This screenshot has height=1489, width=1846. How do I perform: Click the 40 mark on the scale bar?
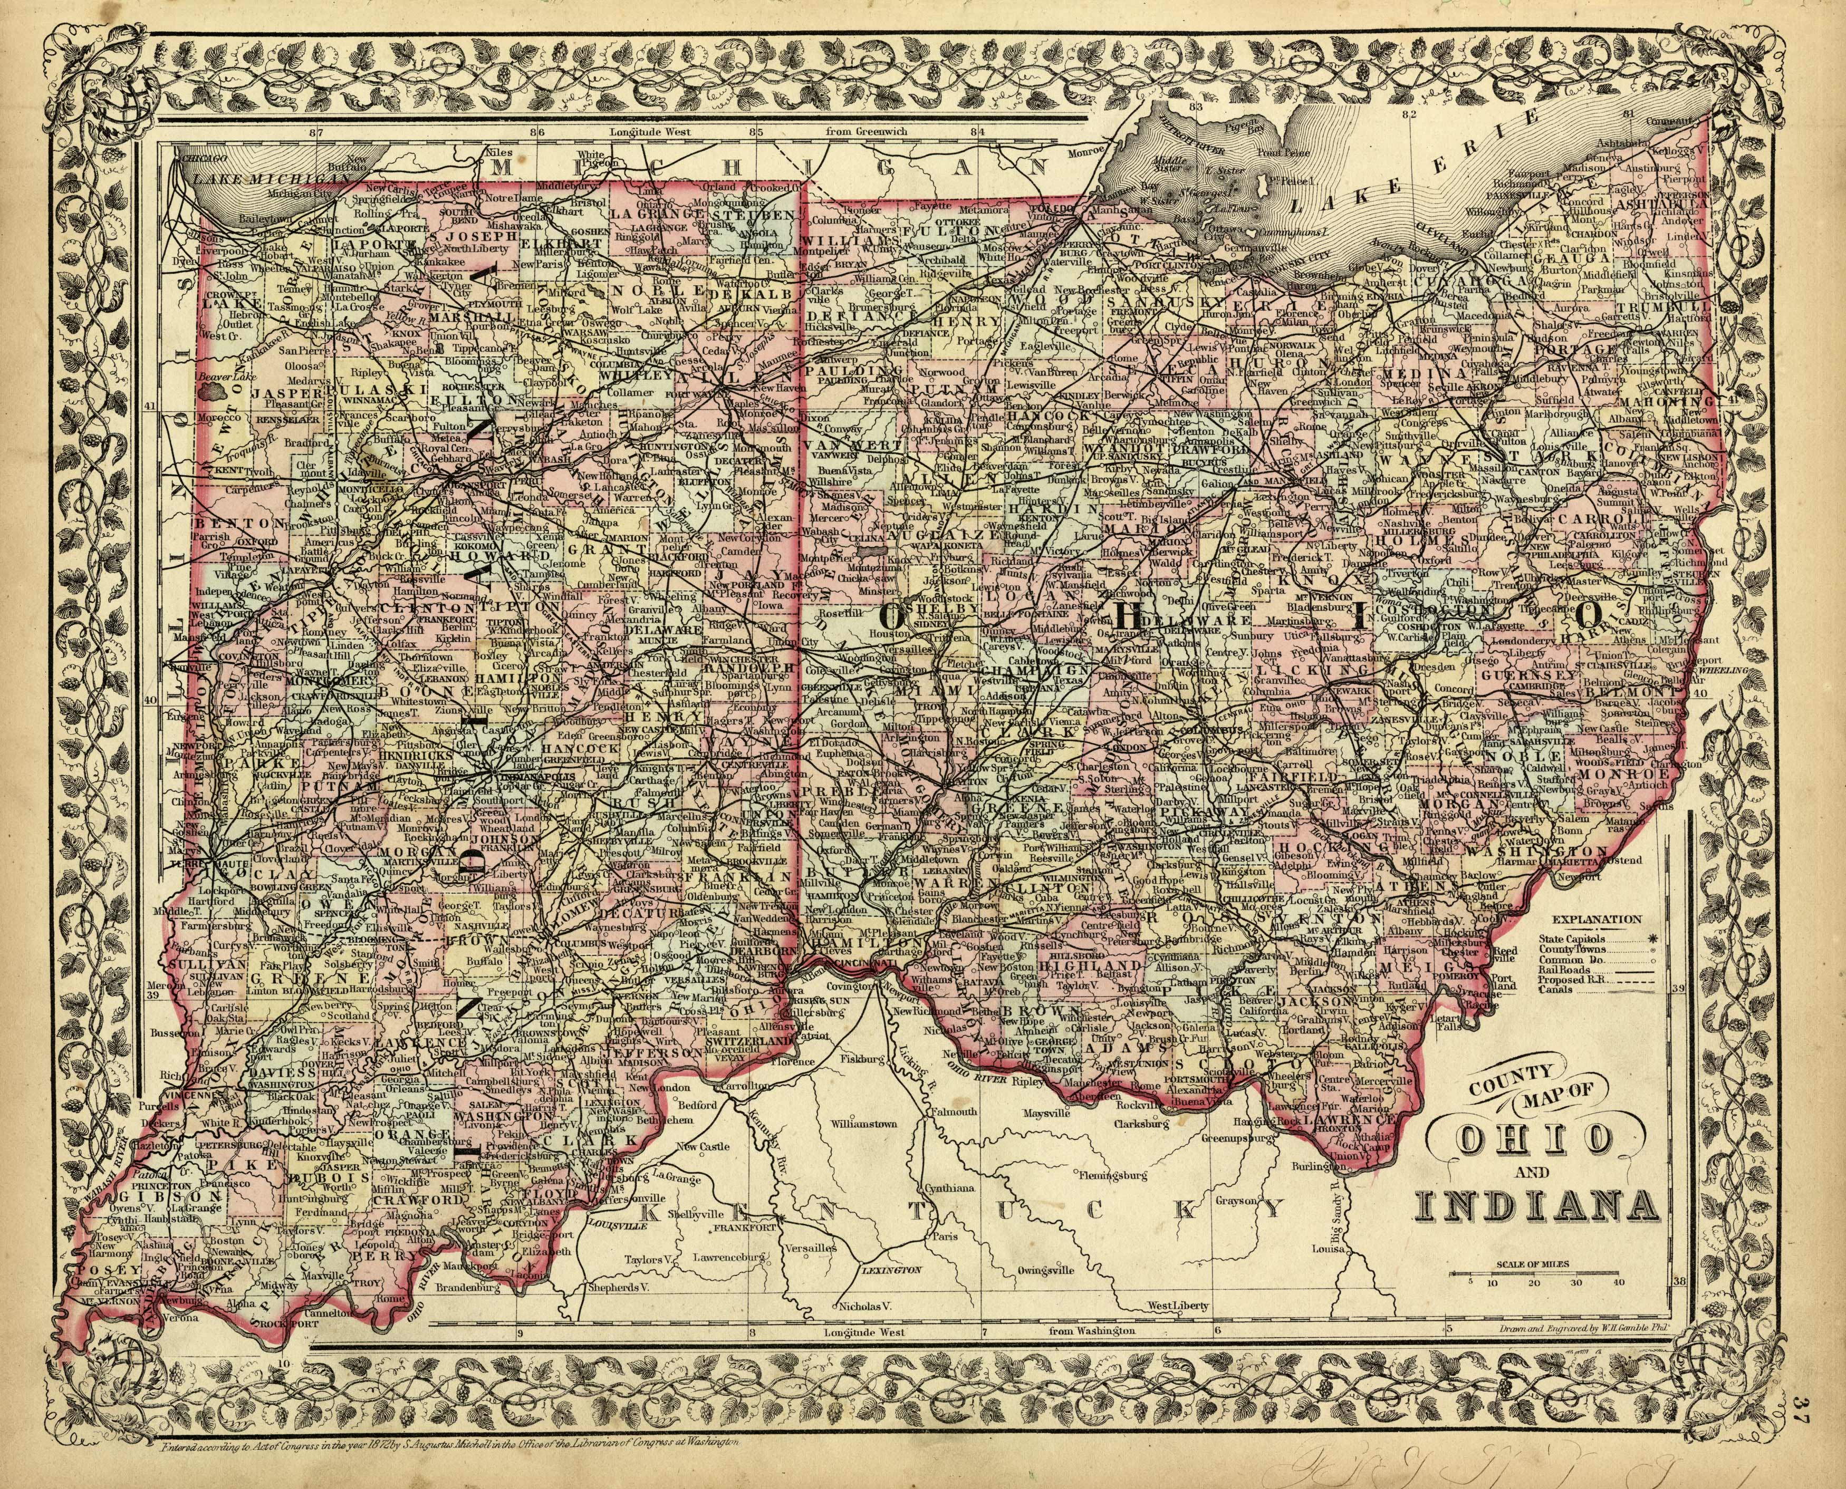1618,1283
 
